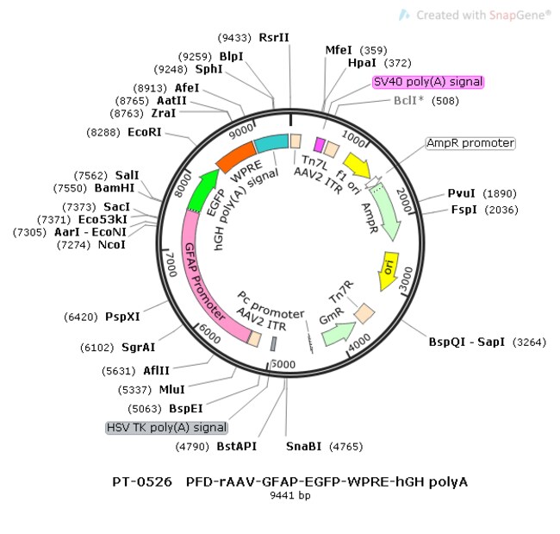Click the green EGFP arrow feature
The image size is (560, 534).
pos(201,192)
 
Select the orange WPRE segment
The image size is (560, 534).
pos(236,157)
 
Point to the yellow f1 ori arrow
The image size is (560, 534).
pos(358,166)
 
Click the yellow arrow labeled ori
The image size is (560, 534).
pos(388,270)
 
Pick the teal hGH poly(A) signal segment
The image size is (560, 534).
pos(271,142)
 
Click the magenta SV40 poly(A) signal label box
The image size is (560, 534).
pos(428,82)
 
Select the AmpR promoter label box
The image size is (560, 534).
pos(470,143)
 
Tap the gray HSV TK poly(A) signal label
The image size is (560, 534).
pos(167,427)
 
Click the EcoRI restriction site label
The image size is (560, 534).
pos(144,132)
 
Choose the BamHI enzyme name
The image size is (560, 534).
pos(115,188)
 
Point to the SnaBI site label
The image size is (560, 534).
pos(303,446)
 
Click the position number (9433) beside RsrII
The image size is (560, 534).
pos(234,38)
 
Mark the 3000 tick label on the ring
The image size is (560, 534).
pos(406,280)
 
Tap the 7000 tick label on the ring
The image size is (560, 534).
pos(171,265)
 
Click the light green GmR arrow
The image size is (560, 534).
pos(338,334)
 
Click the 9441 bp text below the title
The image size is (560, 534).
pos(290,495)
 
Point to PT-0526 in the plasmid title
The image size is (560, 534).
pos(142,481)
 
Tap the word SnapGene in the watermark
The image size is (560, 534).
pos(518,15)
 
